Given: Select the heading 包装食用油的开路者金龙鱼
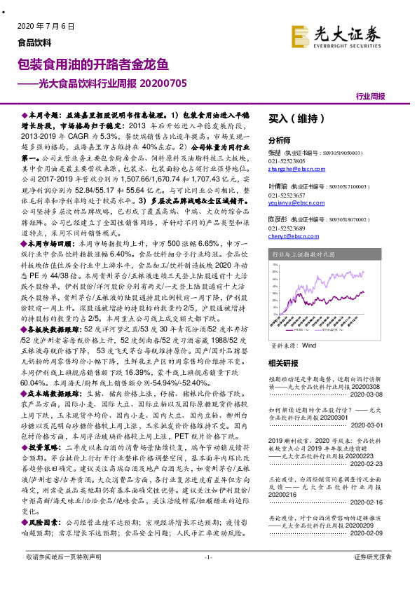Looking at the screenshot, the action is (x=93, y=65).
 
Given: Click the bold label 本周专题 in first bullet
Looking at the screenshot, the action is (x=41, y=113).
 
